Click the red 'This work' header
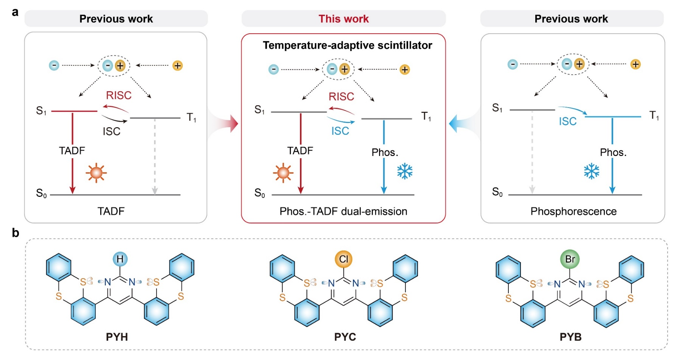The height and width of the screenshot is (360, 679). (x=343, y=19)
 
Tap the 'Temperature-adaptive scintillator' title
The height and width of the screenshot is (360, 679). (x=347, y=45)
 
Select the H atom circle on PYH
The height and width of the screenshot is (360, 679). (x=120, y=259)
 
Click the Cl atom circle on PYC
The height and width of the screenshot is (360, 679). (x=343, y=259)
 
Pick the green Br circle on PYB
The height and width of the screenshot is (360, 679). (x=570, y=259)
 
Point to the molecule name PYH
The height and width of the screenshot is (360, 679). (x=117, y=337)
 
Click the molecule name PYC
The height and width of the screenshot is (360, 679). (x=345, y=337)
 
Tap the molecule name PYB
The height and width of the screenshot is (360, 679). (x=570, y=337)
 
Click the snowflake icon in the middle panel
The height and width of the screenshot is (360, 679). (x=405, y=171)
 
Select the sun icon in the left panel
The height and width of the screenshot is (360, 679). (x=96, y=173)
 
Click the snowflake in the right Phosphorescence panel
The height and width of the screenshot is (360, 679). (x=592, y=171)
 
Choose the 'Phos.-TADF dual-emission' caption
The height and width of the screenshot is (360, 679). (x=343, y=211)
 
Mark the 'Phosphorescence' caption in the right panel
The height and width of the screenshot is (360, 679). (x=573, y=211)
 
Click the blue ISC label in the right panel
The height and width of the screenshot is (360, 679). (x=568, y=121)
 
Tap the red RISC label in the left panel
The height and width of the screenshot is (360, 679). (x=119, y=95)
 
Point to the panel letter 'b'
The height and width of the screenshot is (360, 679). (x=16, y=233)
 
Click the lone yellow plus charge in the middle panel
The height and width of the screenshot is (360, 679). (x=405, y=70)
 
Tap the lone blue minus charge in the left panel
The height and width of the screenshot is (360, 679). (x=54, y=65)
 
